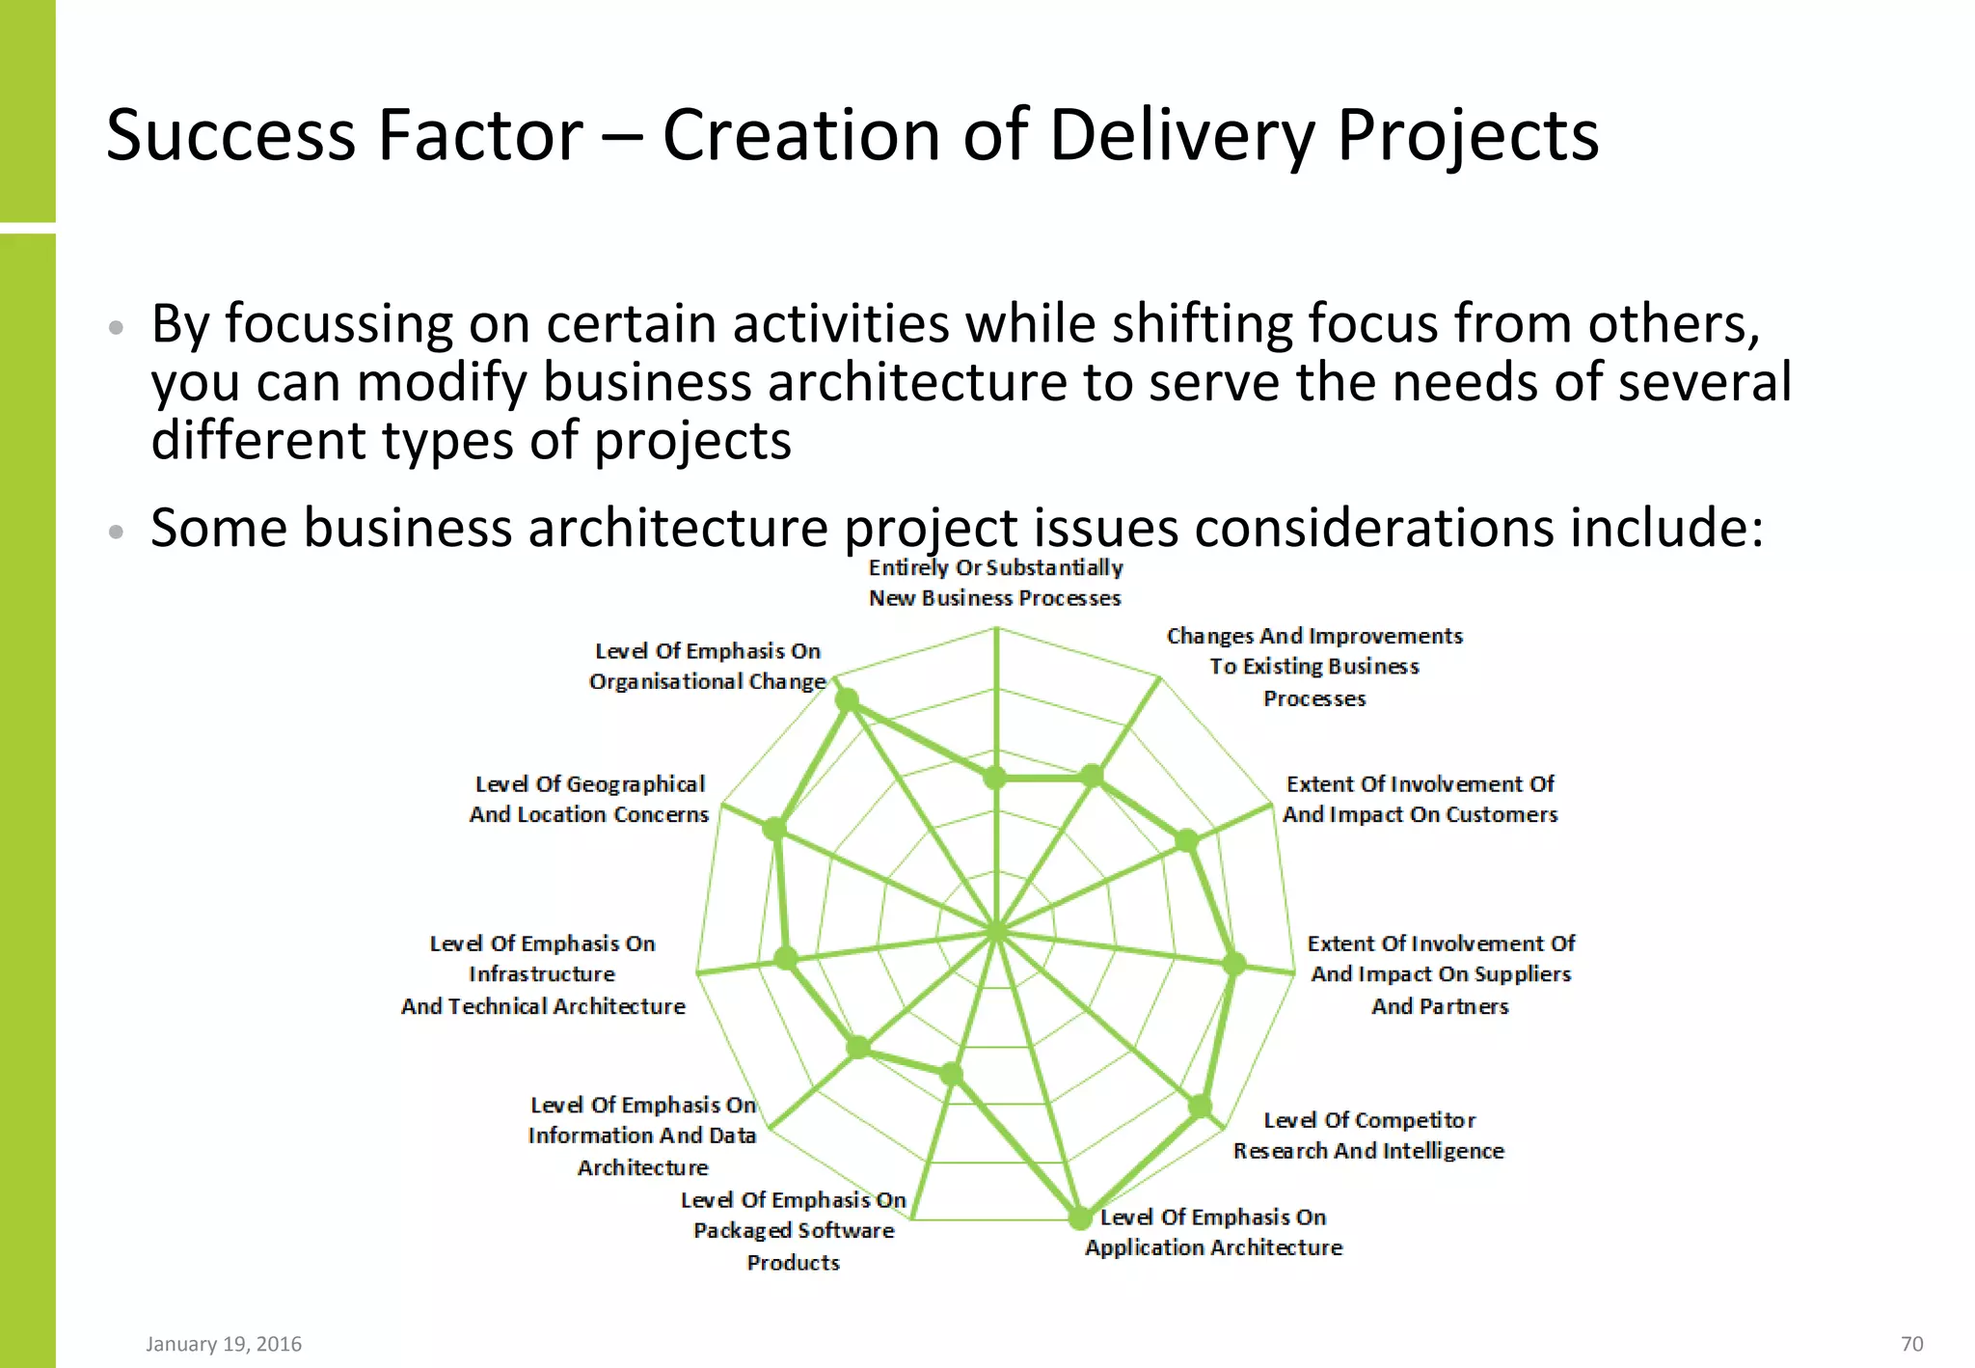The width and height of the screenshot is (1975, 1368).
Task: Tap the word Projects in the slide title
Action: pyautogui.click(x=1468, y=136)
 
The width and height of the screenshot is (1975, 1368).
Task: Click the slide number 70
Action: pyautogui.click(x=1911, y=1343)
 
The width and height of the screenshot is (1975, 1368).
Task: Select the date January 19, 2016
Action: pyautogui.click(x=224, y=1343)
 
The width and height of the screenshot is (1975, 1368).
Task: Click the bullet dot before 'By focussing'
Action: pyautogui.click(x=117, y=327)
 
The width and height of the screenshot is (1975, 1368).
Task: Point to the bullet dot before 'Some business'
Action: pyautogui.click(x=117, y=531)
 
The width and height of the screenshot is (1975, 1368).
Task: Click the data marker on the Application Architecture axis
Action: pyautogui.click(x=1081, y=1218)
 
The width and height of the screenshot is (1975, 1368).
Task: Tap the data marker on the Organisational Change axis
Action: pyautogui.click(x=847, y=699)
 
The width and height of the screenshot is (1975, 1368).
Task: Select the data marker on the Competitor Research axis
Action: pyautogui.click(x=1200, y=1107)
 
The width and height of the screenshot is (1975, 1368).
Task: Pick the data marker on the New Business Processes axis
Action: pyautogui.click(x=994, y=777)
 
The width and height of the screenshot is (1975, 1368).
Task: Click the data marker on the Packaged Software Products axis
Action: pyautogui.click(x=952, y=1074)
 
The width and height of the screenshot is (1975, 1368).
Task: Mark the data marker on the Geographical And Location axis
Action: pyautogui.click(x=774, y=829)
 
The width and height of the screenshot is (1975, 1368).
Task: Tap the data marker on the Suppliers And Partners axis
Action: pyautogui.click(x=1234, y=963)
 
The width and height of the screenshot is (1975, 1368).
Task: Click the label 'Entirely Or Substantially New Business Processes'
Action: pyautogui.click(x=995, y=583)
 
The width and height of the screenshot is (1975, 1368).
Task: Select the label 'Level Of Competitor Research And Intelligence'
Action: pyautogui.click(x=1368, y=1135)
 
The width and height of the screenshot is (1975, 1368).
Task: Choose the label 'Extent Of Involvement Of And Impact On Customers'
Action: pyautogui.click(x=1420, y=799)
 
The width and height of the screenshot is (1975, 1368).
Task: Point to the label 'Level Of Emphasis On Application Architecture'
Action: pyautogui.click(x=1213, y=1232)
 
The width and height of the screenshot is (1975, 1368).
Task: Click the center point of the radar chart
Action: pyautogui.click(x=996, y=932)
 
